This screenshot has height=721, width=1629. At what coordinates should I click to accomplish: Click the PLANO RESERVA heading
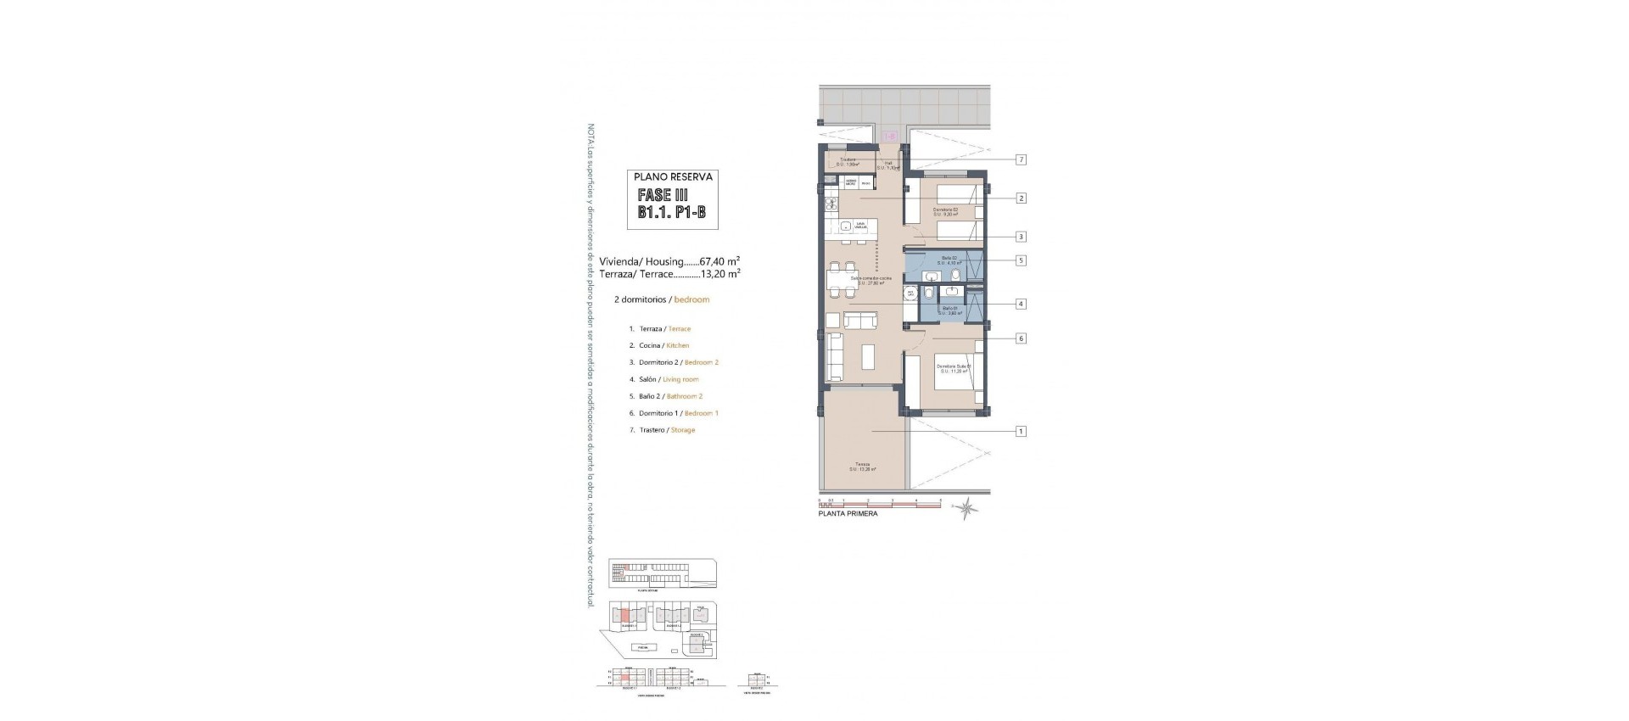(675, 177)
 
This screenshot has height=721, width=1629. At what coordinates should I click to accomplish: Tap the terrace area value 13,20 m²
(720, 274)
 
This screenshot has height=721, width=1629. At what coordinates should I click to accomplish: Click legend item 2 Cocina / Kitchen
(659, 345)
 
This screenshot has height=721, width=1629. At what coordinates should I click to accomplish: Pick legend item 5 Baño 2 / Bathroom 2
(666, 396)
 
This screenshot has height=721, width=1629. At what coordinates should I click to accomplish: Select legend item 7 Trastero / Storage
(662, 430)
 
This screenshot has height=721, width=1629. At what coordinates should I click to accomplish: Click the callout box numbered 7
(1022, 159)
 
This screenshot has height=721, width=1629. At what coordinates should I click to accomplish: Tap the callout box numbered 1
(1022, 431)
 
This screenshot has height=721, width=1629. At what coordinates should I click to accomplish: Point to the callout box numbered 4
(1022, 304)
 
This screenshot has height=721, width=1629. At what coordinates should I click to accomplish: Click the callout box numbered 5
(1022, 260)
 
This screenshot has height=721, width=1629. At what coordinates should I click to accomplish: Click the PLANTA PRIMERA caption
(848, 514)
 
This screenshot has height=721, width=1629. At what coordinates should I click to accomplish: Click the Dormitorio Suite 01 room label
(954, 369)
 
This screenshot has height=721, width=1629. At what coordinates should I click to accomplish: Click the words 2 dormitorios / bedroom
(661, 299)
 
